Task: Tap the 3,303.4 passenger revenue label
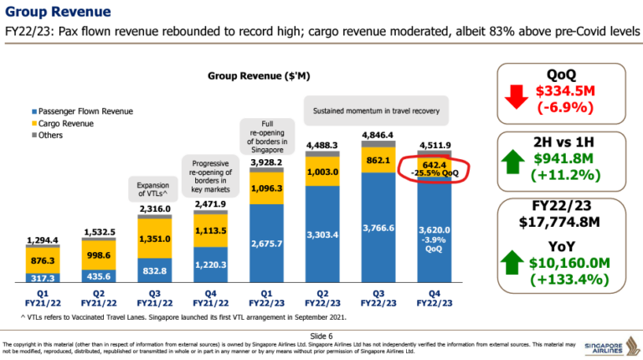coord(321,234)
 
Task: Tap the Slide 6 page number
coord(321,333)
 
